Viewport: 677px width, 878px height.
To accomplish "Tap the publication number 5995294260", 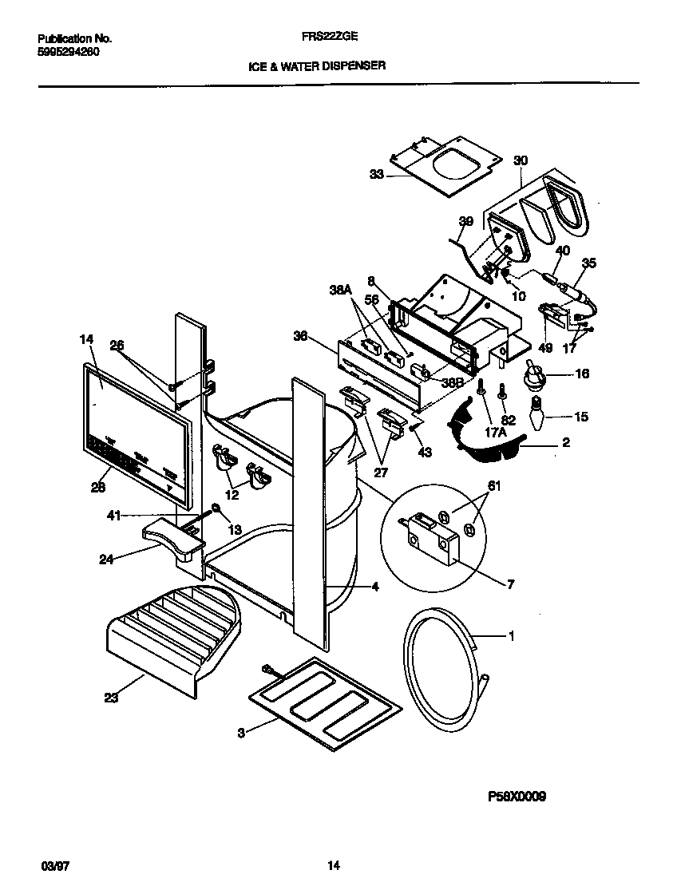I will [x=69, y=52].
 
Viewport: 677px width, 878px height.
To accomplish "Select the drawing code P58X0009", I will [x=517, y=796].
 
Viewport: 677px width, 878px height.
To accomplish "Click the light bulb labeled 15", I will [x=534, y=416].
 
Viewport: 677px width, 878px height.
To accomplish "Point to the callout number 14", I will [x=86, y=340].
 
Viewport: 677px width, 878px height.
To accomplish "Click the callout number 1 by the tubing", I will [x=511, y=635].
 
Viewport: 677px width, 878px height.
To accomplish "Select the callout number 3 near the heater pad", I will [x=242, y=732].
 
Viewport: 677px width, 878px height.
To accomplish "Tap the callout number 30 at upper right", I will [x=521, y=160].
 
